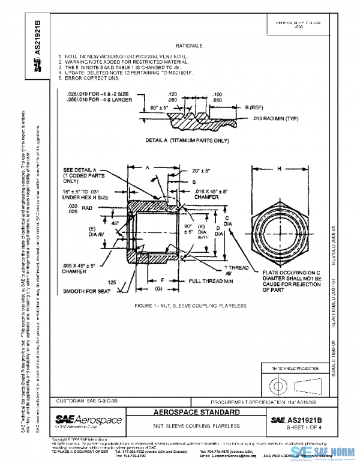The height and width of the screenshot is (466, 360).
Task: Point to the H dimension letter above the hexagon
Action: tap(280, 169)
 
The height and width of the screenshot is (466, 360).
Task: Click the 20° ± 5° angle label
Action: tap(200, 171)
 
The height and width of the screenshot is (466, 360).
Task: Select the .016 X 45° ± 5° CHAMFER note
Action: tap(210, 193)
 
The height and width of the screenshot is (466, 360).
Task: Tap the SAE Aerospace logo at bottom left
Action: tap(88, 419)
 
